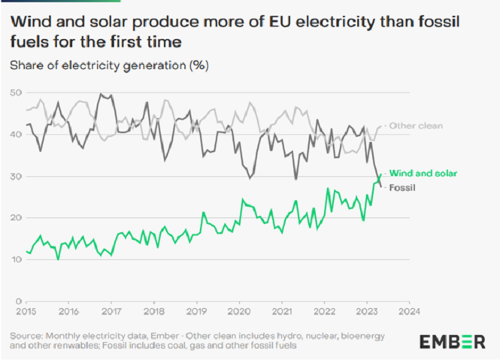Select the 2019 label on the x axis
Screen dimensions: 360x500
pyautogui.click(x=196, y=310)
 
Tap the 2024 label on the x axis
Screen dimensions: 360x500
pyautogui.click(x=409, y=310)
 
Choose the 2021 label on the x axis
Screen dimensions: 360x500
pyautogui.click(x=281, y=310)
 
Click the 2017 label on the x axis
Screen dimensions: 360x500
pyautogui.click(x=111, y=310)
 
